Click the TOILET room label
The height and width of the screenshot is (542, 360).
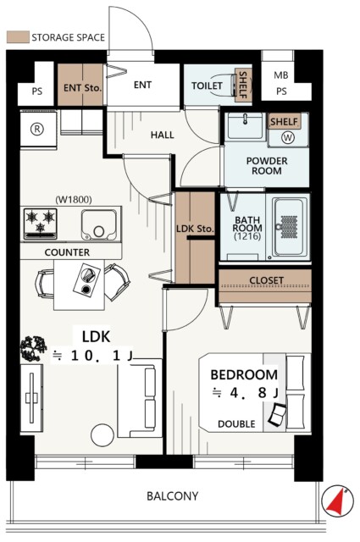point(207,86)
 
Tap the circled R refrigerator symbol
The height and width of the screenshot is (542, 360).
point(37,129)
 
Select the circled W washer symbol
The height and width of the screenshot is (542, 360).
point(288,137)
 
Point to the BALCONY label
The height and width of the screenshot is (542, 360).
point(173,496)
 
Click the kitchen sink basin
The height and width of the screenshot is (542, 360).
point(99,224)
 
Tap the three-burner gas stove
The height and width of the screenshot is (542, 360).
point(40,224)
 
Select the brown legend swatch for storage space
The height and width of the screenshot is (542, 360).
point(18,37)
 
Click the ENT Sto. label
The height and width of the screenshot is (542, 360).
point(82,88)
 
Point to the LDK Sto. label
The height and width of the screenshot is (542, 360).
point(195,229)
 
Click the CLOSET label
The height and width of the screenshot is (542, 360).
point(266,280)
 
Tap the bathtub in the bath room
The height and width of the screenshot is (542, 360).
point(290,227)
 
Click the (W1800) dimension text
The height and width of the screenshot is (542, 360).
point(74,200)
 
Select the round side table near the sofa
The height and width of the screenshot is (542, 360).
point(102,435)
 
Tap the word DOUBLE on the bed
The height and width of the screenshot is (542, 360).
point(236,423)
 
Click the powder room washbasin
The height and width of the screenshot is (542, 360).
point(246,126)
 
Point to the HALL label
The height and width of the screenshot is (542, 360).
point(162,135)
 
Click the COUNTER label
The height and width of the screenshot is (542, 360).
point(67,252)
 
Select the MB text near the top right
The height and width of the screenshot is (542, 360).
point(281,75)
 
